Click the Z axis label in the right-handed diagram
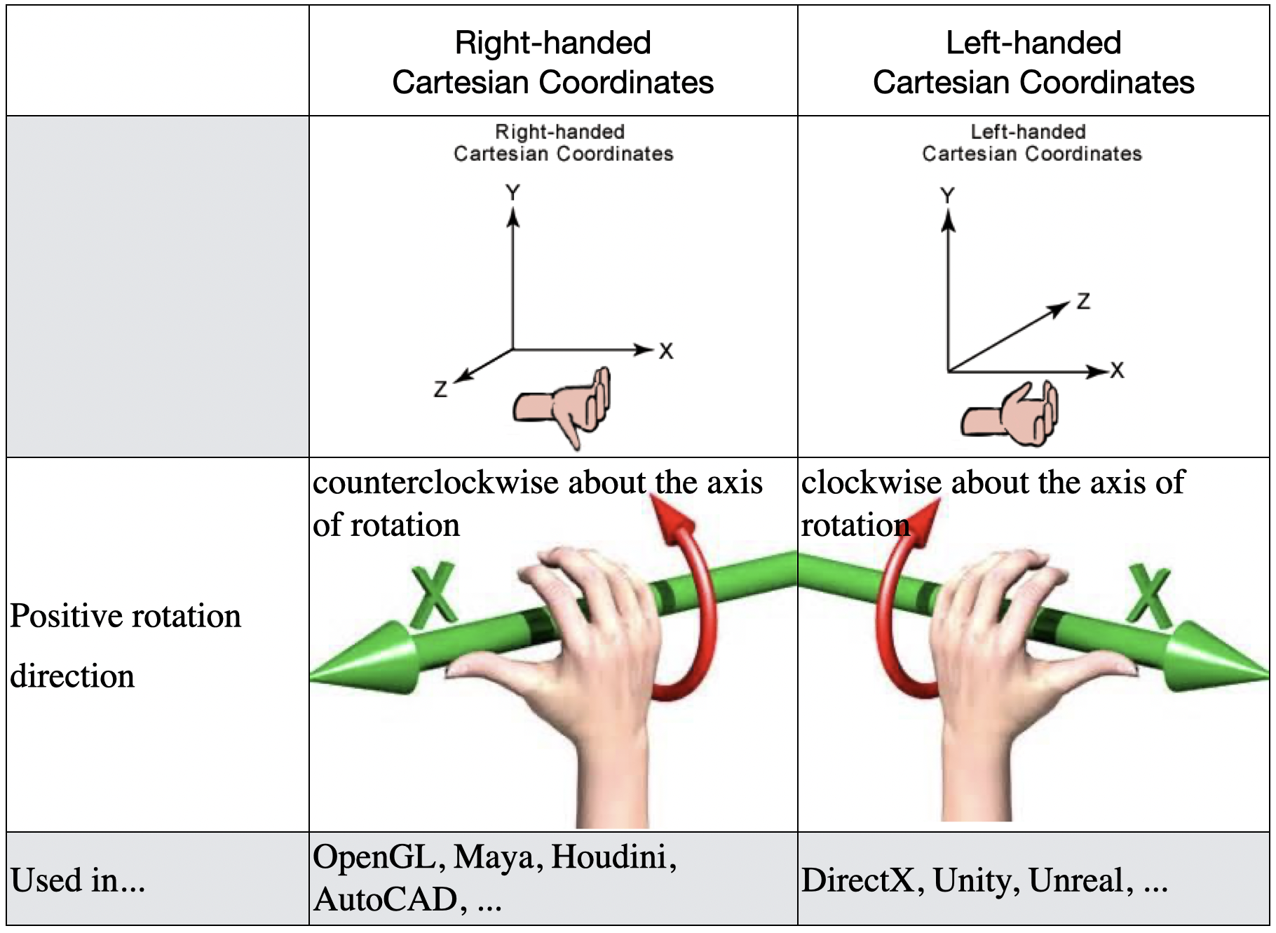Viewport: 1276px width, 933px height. (440, 389)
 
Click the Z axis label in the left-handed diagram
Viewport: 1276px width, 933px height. (1083, 302)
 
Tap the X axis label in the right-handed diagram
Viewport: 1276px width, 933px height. (666, 351)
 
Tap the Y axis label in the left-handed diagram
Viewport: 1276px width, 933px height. (947, 195)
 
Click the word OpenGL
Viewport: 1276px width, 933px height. (374, 857)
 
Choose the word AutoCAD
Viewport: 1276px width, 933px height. (386, 900)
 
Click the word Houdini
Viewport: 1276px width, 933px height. (613, 857)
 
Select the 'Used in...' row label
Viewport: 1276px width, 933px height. (78, 880)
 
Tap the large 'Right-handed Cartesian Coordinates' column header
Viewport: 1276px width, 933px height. (552, 62)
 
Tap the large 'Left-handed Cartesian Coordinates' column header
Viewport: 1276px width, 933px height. (1033, 62)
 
